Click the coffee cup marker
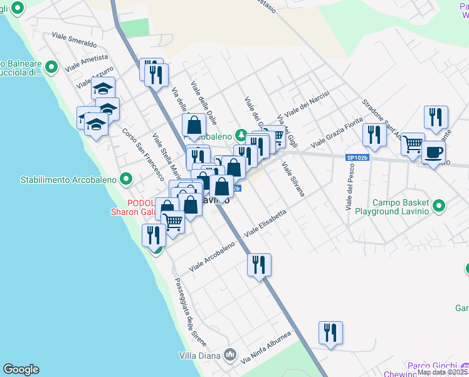433,151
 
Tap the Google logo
21,369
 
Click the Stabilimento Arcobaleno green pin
126,180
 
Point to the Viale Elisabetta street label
266,223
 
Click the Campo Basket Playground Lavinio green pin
439,205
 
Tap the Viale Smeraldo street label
75,40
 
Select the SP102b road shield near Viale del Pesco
357,158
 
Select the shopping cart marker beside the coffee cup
413,144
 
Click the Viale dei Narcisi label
307,104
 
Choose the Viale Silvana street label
293,179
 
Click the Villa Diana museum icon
230,356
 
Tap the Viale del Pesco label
349,187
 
